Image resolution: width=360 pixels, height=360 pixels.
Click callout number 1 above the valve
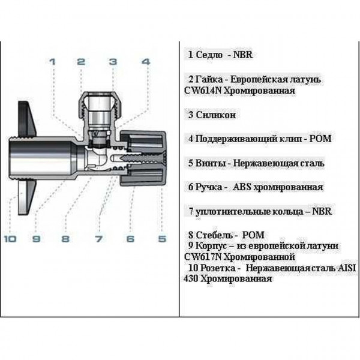pyautogui.click(x=52, y=61)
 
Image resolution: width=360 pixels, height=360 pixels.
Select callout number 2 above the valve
pyautogui.click(x=81, y=61)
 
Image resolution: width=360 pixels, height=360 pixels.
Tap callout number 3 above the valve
pyautogui.click(x=113, y=61)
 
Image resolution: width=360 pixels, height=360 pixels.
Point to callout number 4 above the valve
pyautogui.click(x=145, y=61)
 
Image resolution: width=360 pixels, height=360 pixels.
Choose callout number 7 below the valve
pyautogui.click(x=98, y=239)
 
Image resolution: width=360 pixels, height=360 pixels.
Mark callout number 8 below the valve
pyautogui.click(x=66, y=239)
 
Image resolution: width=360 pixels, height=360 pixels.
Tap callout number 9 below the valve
pyautogui.click(x=36, y=239)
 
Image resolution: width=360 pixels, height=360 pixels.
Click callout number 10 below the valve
pyautogui.click(x=10, y=239)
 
